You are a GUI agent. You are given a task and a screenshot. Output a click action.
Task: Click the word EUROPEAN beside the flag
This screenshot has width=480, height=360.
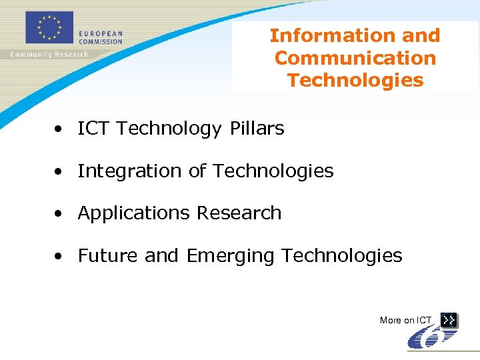(x=101, y=33)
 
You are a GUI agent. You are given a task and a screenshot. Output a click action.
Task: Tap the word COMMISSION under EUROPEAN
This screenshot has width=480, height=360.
(x=101, y=41)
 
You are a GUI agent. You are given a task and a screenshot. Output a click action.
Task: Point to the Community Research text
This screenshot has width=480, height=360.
(x=49, y=54)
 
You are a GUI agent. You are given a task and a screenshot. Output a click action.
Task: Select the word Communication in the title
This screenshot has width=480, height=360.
(x=355, y=58)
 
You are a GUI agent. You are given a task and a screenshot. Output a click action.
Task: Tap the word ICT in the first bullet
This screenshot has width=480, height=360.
(x=94, y=129)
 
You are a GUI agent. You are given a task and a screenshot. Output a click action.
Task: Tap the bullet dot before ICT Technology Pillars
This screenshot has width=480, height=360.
(x=60, y=129)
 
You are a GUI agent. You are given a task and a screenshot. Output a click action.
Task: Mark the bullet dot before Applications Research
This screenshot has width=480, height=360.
(x=60, y=214)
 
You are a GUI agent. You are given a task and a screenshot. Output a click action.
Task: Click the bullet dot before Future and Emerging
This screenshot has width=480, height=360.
(x=60, y=257)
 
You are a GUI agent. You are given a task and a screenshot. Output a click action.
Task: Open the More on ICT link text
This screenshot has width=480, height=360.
(x=405, y=321)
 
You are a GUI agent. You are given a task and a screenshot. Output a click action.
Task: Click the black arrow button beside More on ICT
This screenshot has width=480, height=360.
(x=449, y=320)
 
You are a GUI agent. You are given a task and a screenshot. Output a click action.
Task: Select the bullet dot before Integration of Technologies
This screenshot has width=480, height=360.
(x=60, y=172)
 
